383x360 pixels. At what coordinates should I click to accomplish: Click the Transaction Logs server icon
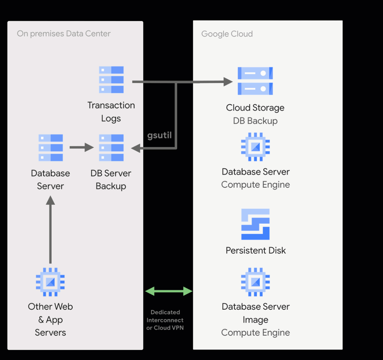pyautogui.click(x=111, y=80)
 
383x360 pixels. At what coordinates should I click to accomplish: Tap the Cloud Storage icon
pyautogui.click(x=255, y=81)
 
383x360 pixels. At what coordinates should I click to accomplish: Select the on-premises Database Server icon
pyautogui.click(x=51, y=148)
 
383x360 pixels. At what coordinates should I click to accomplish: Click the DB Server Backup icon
pyautogui.click(x=111, y=148)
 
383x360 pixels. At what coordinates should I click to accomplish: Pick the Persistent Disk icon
pyautogui.click(x=255, y=224)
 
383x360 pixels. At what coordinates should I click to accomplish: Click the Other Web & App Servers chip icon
pyautogui.click(x=50, y=282)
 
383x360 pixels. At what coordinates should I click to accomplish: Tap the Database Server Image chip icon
pyautogui.click(x=256, y=282)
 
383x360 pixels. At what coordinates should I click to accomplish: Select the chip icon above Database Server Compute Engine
pyautogui.click(x=256, y=147)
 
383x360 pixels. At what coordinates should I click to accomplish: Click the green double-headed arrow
pyautogui.click(x=168, y=291)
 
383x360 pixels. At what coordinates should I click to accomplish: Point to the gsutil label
pyautogui.click(x=159, y=136)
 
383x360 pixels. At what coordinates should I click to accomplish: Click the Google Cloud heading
pyautogui.click(x=227, y=34)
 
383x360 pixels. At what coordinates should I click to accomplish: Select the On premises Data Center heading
pyautogui.click(x=64, y=34)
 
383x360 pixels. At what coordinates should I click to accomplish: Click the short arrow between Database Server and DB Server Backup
pyautogui.click(x=81, y=147)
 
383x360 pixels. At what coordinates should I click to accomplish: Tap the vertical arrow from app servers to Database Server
pyautogui.click(x=50, y=230)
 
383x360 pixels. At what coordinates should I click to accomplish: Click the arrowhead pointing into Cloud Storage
pyautogui.click(x=228, y=82)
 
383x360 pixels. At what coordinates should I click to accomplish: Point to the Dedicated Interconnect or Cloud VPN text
pyautogui.click(x=165, y=320)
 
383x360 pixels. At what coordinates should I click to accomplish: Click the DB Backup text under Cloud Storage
pyautogui.click(x=255, y=121)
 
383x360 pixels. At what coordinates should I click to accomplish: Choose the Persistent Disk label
pyautogui.click(x=256, y=250)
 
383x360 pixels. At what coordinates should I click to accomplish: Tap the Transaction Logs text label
pyautogui.click(x=111, y=112)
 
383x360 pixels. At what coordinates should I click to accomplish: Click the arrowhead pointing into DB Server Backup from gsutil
pyautogui.click(x=136, y=148)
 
